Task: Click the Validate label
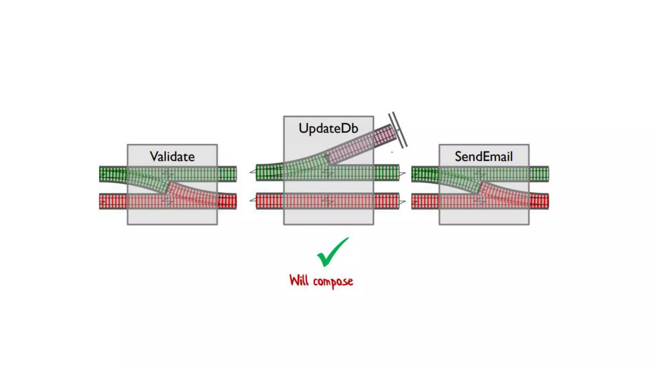tap(172, 157)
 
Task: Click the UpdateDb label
tap(328, 128)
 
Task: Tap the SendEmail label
tap(484, 157)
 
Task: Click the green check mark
tap(332, 253)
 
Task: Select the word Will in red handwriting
tap(299, 280)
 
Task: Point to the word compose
tap(333, 282)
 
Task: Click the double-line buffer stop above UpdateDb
tap(398, 130)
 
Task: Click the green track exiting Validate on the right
tap(227, 174)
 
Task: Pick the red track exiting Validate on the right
tap(227, 201)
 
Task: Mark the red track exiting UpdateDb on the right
tap(387, 201)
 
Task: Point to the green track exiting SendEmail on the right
tap(539, 174)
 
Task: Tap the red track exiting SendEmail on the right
tap(539, 201)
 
